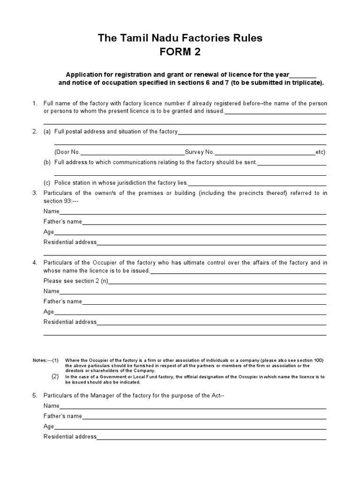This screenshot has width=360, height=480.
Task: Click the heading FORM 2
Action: (x=180, y=52)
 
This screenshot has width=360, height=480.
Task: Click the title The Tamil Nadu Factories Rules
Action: (x=180, y=38)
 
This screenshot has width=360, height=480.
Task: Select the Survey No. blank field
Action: (x=265, y=152)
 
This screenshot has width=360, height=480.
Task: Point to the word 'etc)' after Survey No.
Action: (x=321, y=152)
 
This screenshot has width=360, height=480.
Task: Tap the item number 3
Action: (x=35, y=193)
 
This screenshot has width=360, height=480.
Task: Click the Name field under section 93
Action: (x=192, y=212)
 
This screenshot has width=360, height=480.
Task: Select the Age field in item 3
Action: (x=190, y=232)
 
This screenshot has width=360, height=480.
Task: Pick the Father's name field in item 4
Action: (x=204, y=302)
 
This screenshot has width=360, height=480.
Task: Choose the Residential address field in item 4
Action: (x=211, y=322)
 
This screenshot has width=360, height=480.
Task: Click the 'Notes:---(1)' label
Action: (x=45, y=360)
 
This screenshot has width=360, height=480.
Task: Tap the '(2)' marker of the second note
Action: (x=55, y=376)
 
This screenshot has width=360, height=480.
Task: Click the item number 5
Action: (x=35, y=396)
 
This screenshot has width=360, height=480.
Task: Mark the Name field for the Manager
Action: (x=192, y=406)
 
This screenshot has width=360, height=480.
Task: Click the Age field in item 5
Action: (x=190, y=427)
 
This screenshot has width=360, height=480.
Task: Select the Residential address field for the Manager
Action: (x=211, y=437)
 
